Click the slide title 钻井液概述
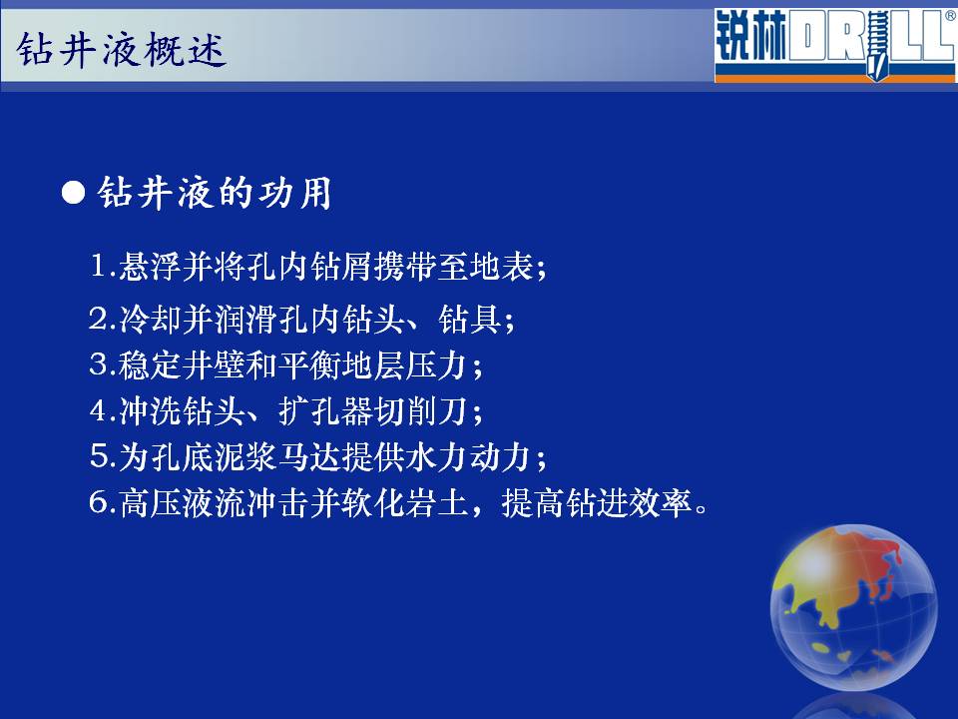click(122, 50)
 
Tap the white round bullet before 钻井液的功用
click(73, 193)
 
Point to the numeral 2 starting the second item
click(98, 318)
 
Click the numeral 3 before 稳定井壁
click(99, 364)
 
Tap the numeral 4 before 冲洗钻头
click(99, 410)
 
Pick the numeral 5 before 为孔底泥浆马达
click(99, 456)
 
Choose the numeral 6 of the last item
click(99, 502)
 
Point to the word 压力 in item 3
click(437, 365)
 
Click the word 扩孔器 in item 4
click(326, 410)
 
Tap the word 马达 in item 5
click(310, 456)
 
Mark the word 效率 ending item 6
click(661, 503)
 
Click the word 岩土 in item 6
click(437, 503)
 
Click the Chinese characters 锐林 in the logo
click(750, 36)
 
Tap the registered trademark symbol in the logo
click(951, 16)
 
